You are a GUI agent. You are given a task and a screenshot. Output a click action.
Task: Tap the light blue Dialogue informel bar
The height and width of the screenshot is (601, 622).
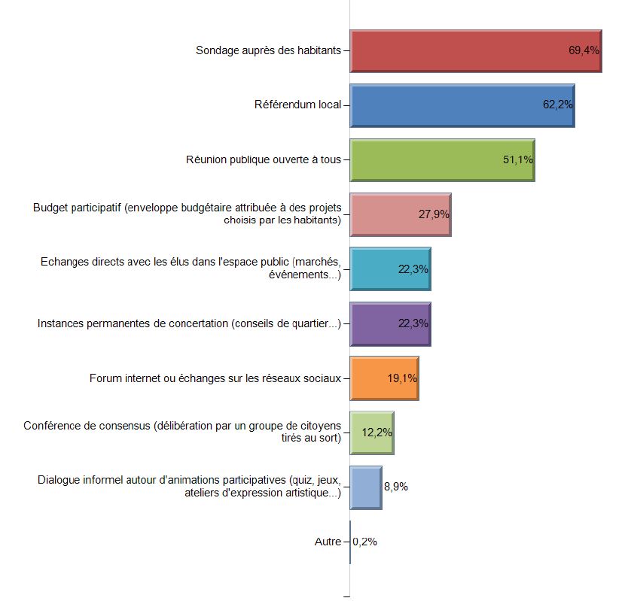366,487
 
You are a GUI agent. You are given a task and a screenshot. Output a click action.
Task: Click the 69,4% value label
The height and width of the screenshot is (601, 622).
584,51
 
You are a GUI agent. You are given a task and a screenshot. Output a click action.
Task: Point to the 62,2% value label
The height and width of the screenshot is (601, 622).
558,105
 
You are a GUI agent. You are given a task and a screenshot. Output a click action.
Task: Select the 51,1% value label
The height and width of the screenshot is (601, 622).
518,159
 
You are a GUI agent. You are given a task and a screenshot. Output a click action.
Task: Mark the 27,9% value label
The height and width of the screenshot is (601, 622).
434,214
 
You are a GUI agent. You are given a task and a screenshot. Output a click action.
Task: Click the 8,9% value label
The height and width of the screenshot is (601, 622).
396,487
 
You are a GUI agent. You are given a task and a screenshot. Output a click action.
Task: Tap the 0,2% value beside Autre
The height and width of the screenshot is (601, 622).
365,542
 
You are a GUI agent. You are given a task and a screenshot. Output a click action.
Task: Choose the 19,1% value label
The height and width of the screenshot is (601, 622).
402,378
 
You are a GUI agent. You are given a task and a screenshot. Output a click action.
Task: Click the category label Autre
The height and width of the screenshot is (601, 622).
328,542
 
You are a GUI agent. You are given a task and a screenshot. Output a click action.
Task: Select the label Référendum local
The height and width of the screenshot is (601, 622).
297,105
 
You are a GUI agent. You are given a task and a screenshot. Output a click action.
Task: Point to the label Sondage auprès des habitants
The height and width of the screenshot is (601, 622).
268,51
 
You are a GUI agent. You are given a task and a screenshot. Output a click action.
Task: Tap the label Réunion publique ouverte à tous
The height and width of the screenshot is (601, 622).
264,159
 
